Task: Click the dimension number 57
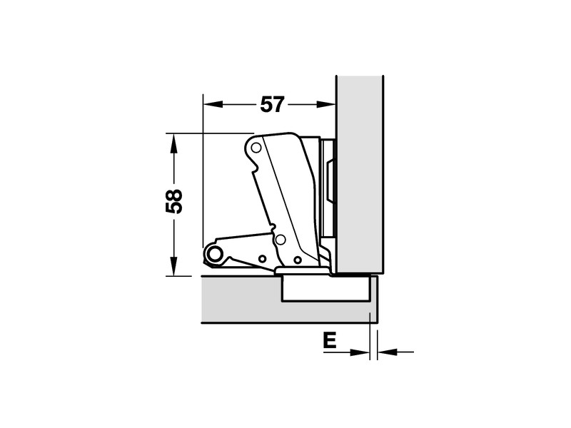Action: [x=272, y=105]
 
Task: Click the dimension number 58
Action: [x=174, y=201]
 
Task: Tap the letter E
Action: [x=330, y=341]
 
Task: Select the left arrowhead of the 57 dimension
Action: [x=213, y=104]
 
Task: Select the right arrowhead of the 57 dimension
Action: [x=326, y=104]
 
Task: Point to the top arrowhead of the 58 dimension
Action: [x=174, y=143]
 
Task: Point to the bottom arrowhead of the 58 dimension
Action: [x=174, y=266]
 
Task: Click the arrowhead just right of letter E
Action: [x=360, y=352]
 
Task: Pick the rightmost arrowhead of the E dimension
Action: [x=387, y=352]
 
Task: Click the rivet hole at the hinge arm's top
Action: [x=256, y=148]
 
